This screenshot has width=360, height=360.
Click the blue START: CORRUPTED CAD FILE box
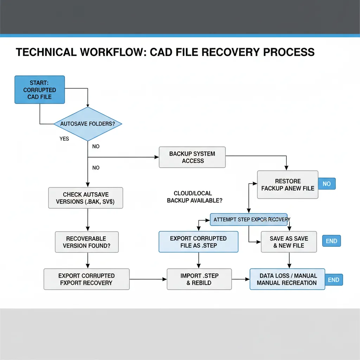39,90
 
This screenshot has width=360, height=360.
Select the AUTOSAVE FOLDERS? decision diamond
88,124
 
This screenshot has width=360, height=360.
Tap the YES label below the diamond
64,139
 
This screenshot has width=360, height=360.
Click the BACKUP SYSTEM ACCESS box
192,157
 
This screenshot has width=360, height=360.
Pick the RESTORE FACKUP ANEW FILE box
288,185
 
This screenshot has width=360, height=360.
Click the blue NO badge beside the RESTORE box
327,184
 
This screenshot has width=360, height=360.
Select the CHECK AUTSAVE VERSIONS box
86,198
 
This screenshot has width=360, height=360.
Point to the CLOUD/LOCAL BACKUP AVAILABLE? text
194,197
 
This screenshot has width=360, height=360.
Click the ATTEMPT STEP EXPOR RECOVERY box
249,219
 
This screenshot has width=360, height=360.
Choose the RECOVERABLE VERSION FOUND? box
86,242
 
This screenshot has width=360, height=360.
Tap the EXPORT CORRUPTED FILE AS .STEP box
198,242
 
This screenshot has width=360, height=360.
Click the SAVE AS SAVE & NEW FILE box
289,242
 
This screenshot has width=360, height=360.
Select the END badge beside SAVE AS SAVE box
332,241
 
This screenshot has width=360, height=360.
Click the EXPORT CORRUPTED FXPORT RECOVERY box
86,279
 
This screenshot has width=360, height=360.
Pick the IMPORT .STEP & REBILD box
199,279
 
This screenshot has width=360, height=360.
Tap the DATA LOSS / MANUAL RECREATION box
287,279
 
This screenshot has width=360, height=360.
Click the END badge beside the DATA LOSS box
333,280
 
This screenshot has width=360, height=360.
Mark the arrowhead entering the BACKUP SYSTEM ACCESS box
157,157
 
